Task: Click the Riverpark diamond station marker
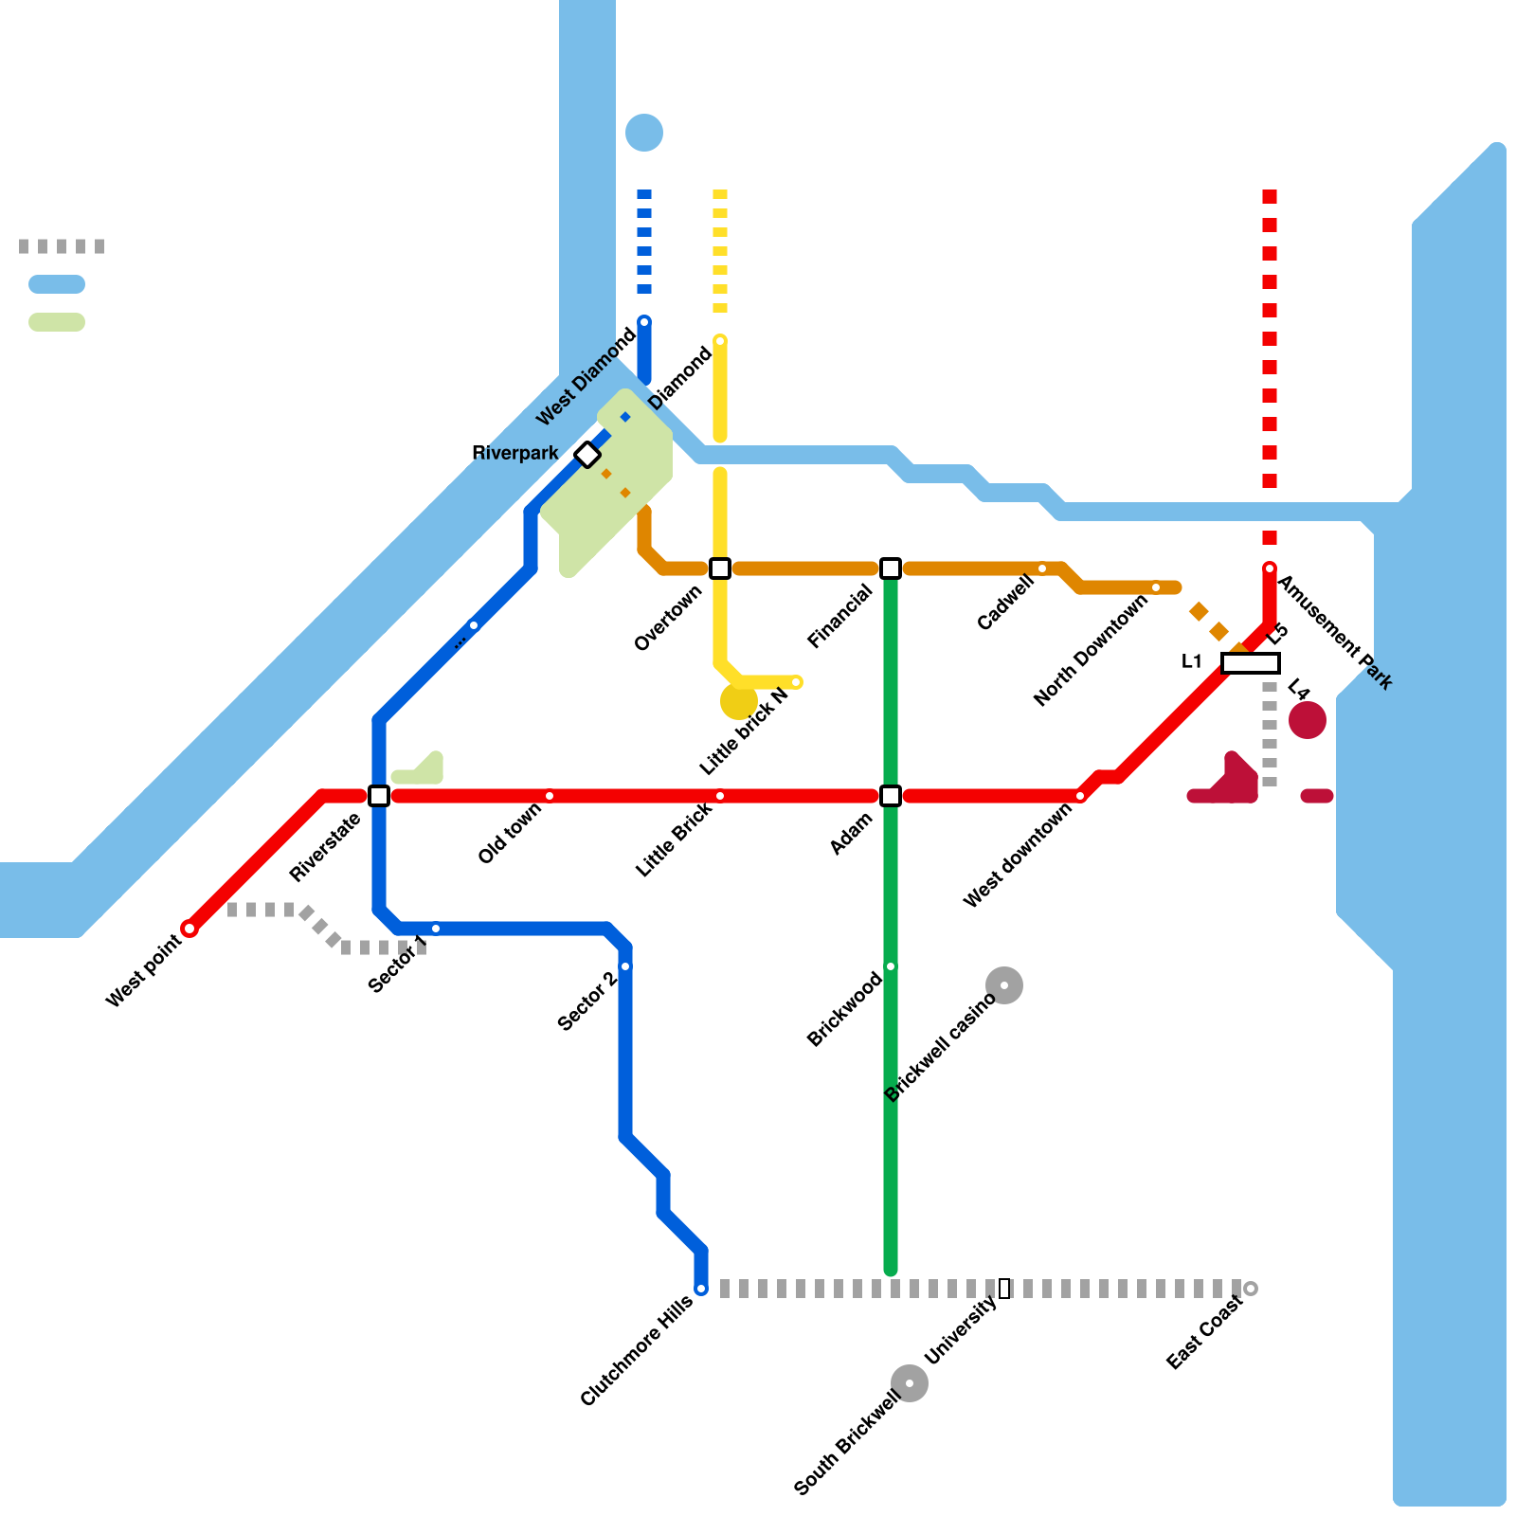click(587, 455)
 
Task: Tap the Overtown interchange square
click(720, 568)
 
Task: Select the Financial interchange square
click(891, 568)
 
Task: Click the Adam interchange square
click(891, 796)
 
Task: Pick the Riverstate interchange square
click(379, 796)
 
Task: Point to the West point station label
click(143, 971)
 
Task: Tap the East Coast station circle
click(1251, 1289)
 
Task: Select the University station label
click(961, 1329)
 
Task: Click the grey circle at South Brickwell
click(910, 1383)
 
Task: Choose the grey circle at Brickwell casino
click(1004, 985)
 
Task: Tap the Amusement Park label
click(1335, 632)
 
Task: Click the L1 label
click(1192, 661)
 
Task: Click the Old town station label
click(510, 833)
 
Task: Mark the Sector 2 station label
click(587, 1002)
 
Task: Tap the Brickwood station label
click(844, 1010)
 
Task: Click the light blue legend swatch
click(57, 284)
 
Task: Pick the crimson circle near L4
click(1308, 720)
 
